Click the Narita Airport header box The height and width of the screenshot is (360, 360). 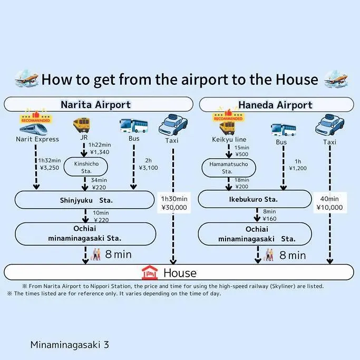coord(99,104)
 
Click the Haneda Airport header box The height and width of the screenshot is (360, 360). coord(276,105)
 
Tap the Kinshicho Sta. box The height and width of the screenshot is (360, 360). coord(85,167)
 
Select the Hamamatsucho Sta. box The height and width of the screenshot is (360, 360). coord(229,168)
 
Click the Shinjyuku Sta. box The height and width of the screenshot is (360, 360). coord(84,200)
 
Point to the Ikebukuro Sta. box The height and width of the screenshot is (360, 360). coord(255,199)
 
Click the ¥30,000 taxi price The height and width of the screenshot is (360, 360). coord(174,208)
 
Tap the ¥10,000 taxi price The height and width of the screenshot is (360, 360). coord(329,208)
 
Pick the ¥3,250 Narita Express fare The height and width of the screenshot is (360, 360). coord(50,168)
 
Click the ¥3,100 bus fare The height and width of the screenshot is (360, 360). coord(148,168)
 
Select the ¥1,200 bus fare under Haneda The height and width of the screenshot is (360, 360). coord(298,168)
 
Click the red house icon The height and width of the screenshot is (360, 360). coord(150,273)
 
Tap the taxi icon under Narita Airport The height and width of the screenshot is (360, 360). coord(173,125)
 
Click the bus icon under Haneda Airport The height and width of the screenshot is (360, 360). coord(284,130)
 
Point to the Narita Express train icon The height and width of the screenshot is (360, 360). coord(34,129)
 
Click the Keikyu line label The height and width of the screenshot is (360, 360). coord(229,139)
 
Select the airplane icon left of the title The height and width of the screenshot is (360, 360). coord(26,79)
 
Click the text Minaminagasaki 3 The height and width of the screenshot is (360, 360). coord(70,345)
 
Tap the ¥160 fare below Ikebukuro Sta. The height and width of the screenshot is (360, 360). coord(269,219)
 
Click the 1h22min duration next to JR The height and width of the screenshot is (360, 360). coord(100,145)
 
